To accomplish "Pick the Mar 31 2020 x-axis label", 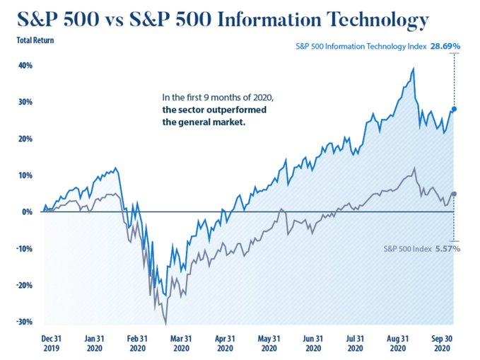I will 181,342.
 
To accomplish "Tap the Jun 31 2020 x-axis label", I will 314,342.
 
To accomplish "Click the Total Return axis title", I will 35,40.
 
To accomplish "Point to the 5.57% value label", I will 447,250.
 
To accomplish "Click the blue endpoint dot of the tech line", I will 453,109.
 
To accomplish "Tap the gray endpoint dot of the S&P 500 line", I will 453,194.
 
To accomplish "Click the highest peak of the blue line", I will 413,69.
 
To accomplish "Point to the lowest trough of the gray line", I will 166,324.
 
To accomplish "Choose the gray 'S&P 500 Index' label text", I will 406,250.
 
